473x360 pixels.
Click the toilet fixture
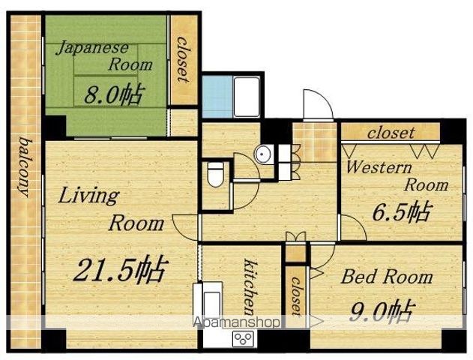pos(216,175)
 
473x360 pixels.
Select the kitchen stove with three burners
pos(243,338)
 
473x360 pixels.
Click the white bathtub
pos(247,97)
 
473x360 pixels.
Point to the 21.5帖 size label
pos(120,268)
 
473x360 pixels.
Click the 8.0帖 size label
pos(112,94)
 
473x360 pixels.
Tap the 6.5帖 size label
pos(401,211)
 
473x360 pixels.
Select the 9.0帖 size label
pos(381,311)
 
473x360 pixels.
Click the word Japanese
pos(92,48)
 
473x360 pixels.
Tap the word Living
pos(88,196)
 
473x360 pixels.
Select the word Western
pos(379,167)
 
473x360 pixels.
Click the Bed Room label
pos(387,277)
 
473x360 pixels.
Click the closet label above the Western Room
pos(391,133)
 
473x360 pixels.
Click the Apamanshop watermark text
pos(236,322)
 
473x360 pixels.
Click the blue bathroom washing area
pos(217,97)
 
